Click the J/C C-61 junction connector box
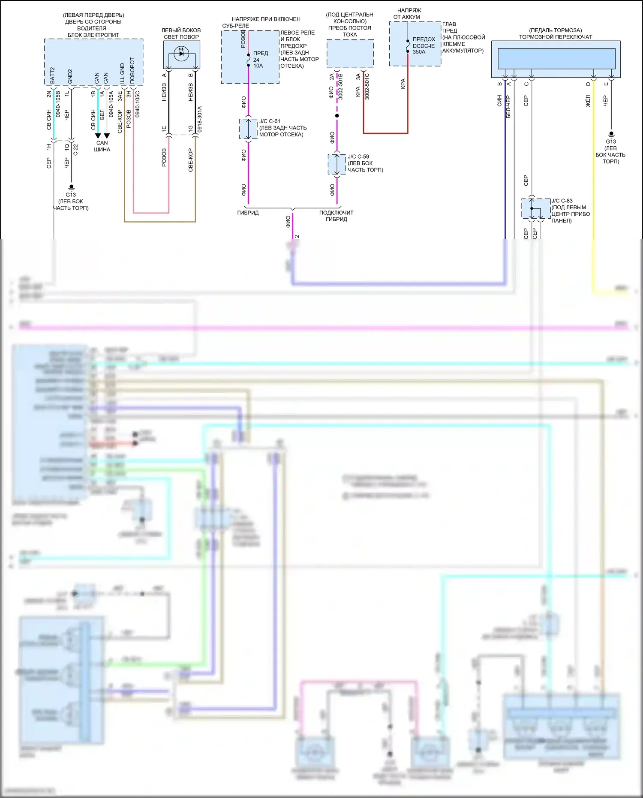pos(248,129)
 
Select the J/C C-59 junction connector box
pos(337,164)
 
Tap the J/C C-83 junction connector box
pos(536,209)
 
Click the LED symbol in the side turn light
pos(181,54)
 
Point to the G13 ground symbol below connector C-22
pos(71,187)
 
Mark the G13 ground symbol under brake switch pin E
pos(611,134)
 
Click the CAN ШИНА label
pos(102,146)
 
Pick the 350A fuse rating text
pos(419,52)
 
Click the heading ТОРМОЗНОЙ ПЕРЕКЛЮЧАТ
pos(555,37)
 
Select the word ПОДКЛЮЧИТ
pos(336,213)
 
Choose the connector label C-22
pos(76,149)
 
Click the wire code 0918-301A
pos(199,119)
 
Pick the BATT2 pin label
pos(52,75)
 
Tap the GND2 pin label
pos(70,76)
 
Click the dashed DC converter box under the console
pos(350,53)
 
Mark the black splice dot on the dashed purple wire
pos(337,116)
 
